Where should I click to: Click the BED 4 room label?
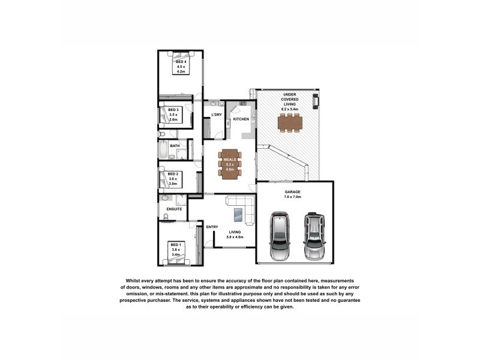pos(181,62)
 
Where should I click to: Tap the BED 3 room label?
pos(173,110)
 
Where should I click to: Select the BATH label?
pos(175,146)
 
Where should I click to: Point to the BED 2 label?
pos(173,174)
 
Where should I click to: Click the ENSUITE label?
pos(174,209)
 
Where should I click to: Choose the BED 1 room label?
pos(176,245)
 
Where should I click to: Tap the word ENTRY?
pos(212,227)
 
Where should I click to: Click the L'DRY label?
pos(216,115)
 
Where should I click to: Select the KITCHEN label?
pos(241,119)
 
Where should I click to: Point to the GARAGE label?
pos(292,191)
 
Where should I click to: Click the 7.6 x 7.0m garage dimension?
pos(292,197)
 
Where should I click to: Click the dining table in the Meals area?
pos(230,163)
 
